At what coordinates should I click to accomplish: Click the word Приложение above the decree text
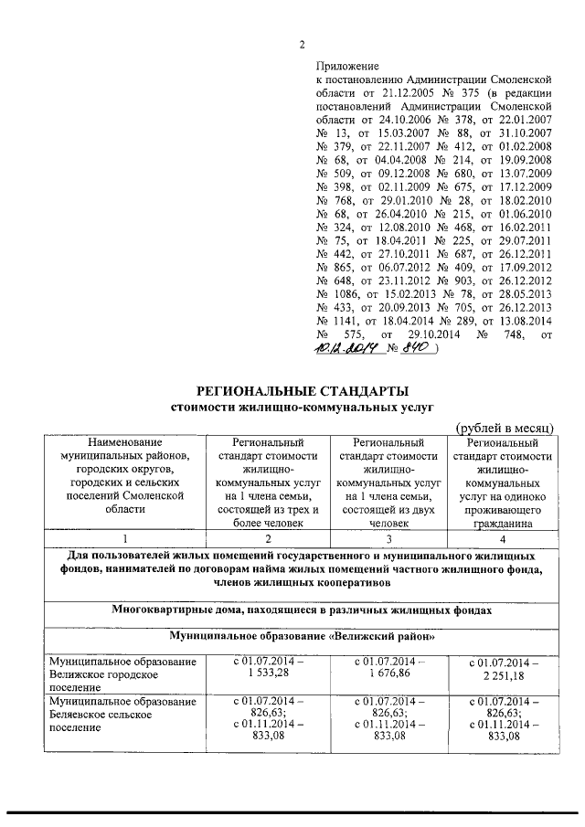[346, 67]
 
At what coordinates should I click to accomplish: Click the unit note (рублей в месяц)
[505, 428]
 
